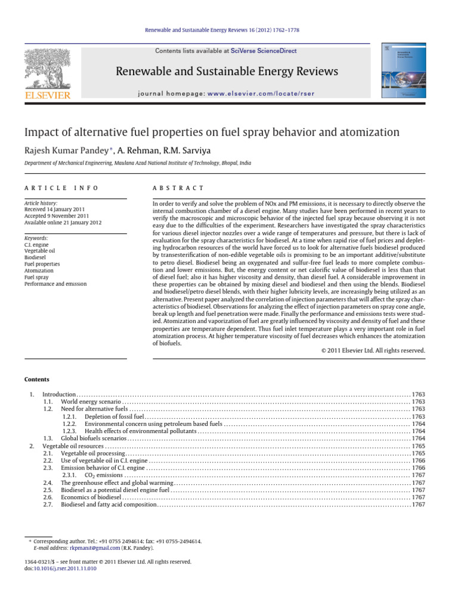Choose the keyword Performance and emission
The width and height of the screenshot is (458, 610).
coord(55,284)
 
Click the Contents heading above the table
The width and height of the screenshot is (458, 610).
coord(37,379)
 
